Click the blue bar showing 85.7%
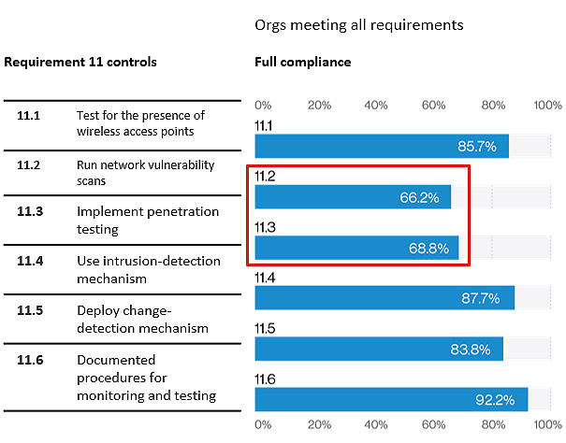point(382,146)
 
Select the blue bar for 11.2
point(353,197)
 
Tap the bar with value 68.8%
point(356,248)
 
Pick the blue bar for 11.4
point(385,298)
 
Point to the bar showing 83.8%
point(379,349)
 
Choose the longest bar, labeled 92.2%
point(391,399)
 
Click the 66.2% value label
point(419,197)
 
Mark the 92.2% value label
point(495,400)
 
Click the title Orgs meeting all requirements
point(359,25)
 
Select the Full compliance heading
point(303,62)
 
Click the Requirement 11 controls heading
point(80,62)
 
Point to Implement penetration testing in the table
point(148,220)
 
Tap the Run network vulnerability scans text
point(146,172)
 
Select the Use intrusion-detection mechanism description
point(149,269)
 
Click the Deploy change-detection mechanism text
point(142,319)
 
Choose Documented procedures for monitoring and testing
point(146,378)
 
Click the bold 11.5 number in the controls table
point(30,310)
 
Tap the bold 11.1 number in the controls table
point(29,115)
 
